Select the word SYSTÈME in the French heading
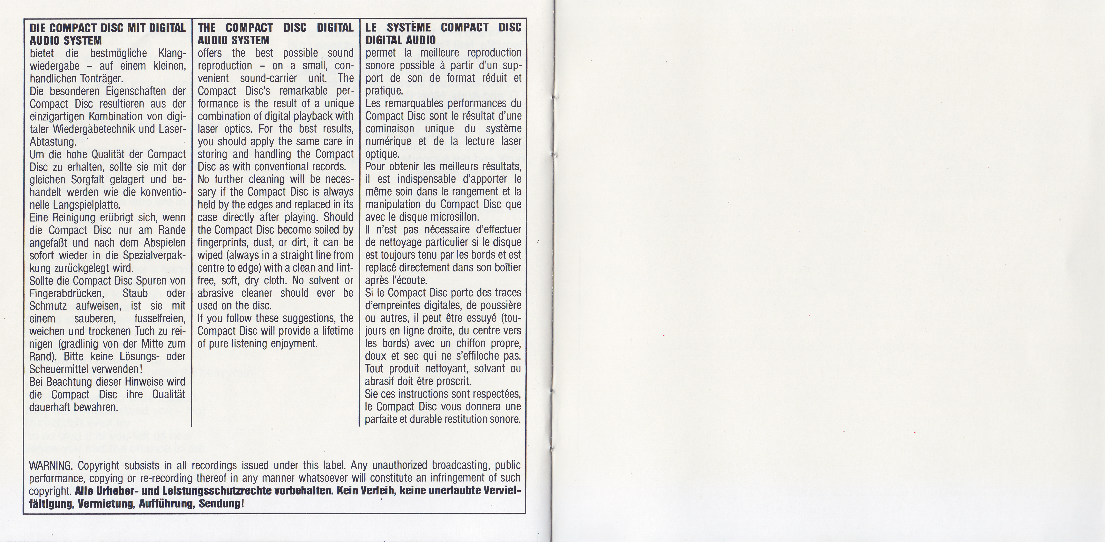coord(409,28)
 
